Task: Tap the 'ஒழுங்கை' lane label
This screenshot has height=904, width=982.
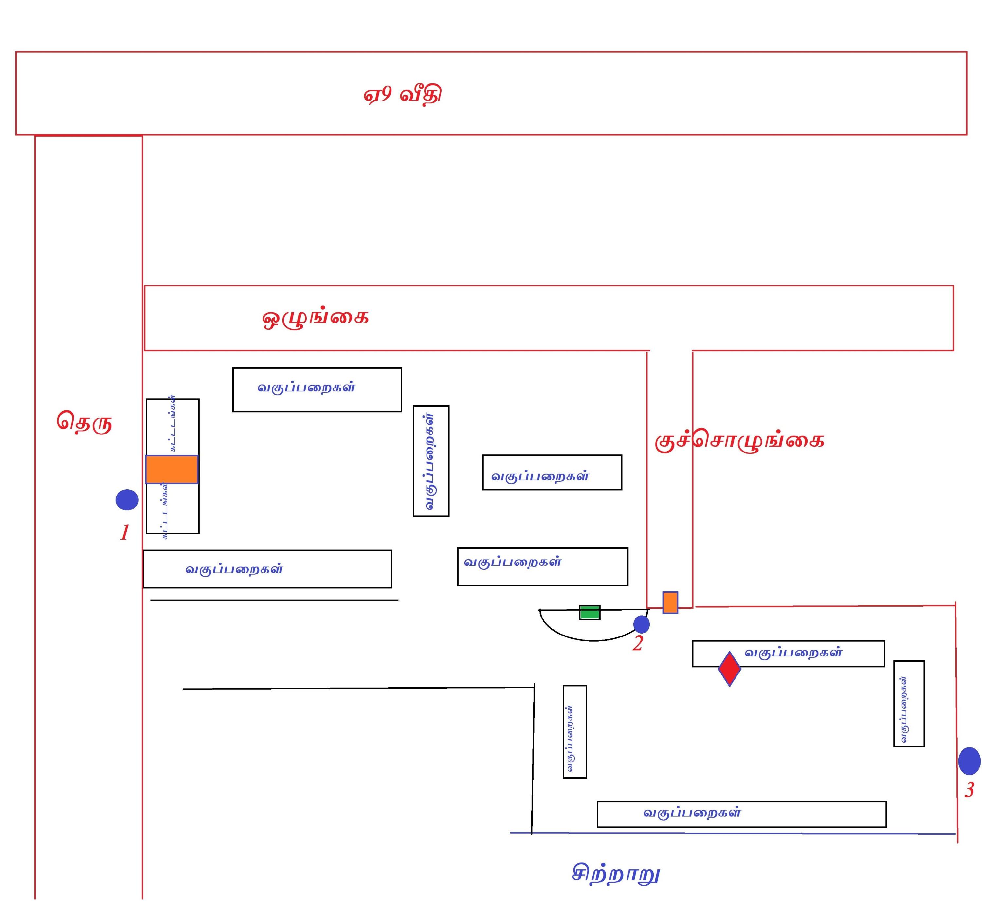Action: click(x=316, y=318)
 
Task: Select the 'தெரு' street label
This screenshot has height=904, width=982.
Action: click(x=84, y=422)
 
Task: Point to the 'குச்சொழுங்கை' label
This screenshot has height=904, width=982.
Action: click(x=739, y=440)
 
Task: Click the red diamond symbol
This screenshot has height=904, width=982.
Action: click(x=729, y=669)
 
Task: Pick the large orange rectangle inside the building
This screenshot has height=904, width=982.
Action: click(x=172, y=470)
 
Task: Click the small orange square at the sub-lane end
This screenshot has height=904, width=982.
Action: click(x=670, y=603)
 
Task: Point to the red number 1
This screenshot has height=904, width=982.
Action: click(x=125, y=532)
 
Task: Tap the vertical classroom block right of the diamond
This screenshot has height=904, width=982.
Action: click(x=909, y=703)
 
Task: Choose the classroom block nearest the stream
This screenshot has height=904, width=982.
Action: click(x=741, y=814)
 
